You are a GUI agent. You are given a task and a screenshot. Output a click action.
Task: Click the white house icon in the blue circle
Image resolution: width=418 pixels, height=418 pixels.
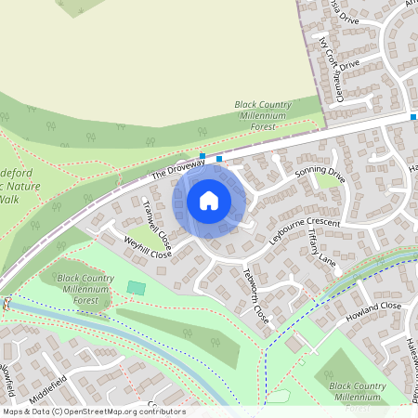[209, 201]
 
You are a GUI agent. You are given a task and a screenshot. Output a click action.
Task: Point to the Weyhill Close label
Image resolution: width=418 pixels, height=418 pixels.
[149, 247]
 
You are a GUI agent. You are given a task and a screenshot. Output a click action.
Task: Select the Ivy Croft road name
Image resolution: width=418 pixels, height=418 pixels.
[328, 54]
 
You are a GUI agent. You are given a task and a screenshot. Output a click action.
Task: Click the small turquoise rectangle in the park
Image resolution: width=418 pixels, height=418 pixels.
[137, 288]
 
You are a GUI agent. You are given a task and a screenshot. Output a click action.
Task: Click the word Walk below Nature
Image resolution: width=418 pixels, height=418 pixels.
[8, 199]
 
